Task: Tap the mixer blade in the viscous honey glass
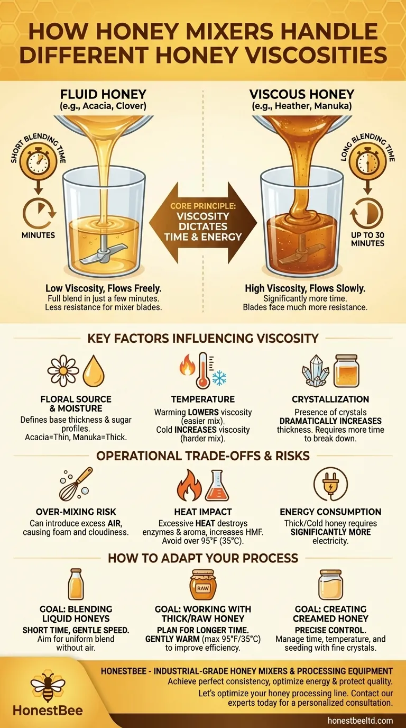297,256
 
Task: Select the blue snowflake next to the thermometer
219,377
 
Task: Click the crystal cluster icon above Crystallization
316,370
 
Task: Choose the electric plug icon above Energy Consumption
331,484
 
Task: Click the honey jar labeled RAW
203,585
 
